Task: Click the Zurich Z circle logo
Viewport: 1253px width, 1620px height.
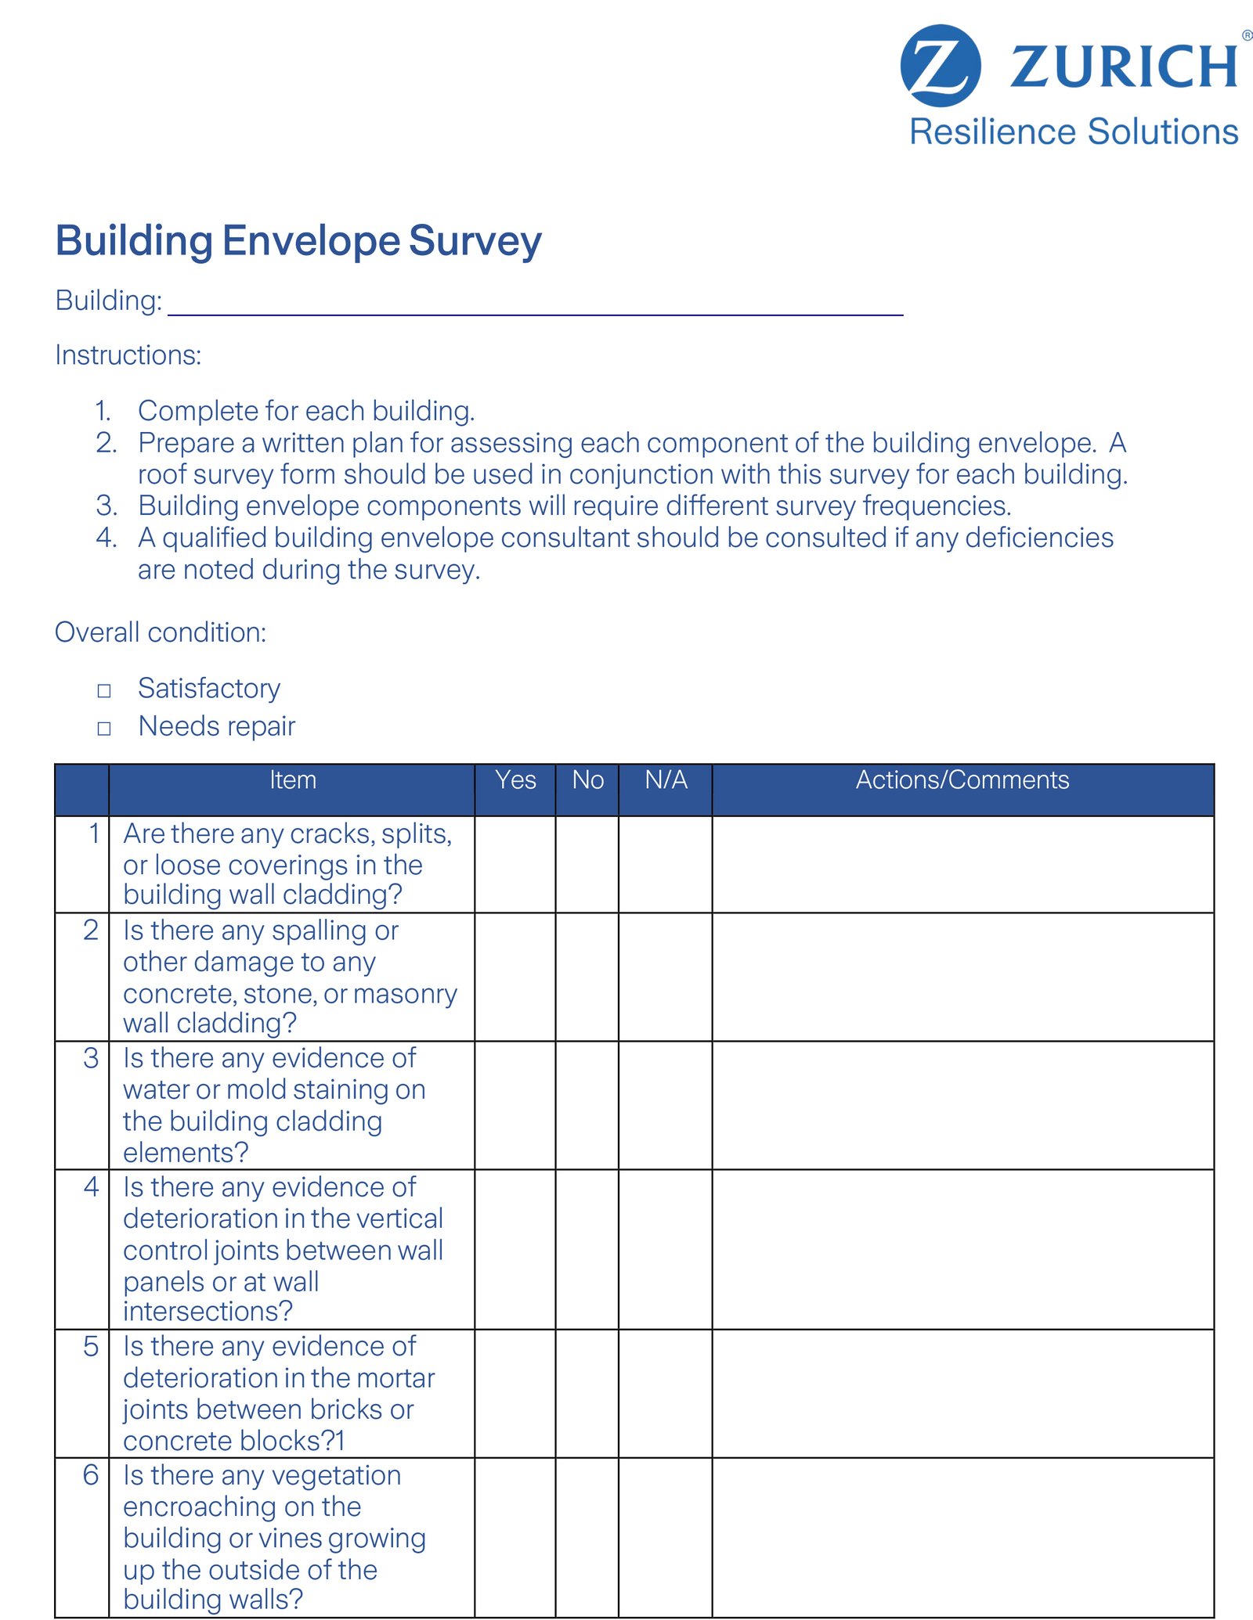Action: (940, 66)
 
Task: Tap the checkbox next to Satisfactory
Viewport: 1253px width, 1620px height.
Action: (104, 690)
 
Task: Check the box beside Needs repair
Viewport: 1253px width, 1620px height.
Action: (104, 729)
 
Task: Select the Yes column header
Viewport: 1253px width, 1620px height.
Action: (515, 780)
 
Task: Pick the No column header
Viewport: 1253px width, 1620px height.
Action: (587, 780)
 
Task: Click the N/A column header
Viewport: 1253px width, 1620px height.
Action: (666, 780)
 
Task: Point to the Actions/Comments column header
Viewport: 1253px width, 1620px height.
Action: (962, 780)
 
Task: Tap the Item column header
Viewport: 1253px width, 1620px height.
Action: (293, 780)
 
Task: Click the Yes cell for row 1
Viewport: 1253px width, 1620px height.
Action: (515, 864)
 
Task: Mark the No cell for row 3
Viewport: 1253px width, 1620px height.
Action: (587, 1105)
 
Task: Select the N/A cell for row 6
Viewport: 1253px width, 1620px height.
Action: (666, 1537)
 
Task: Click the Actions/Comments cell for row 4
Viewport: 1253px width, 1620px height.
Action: (962, 1249)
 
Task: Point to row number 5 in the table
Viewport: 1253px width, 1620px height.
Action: (91, 1347)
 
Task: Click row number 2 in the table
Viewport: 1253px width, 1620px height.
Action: (91, 931)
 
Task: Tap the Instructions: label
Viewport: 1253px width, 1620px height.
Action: (128, 355)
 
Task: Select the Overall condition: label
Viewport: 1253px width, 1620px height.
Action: (161, 632)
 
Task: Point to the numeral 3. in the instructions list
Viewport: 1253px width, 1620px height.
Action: (107, 506)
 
